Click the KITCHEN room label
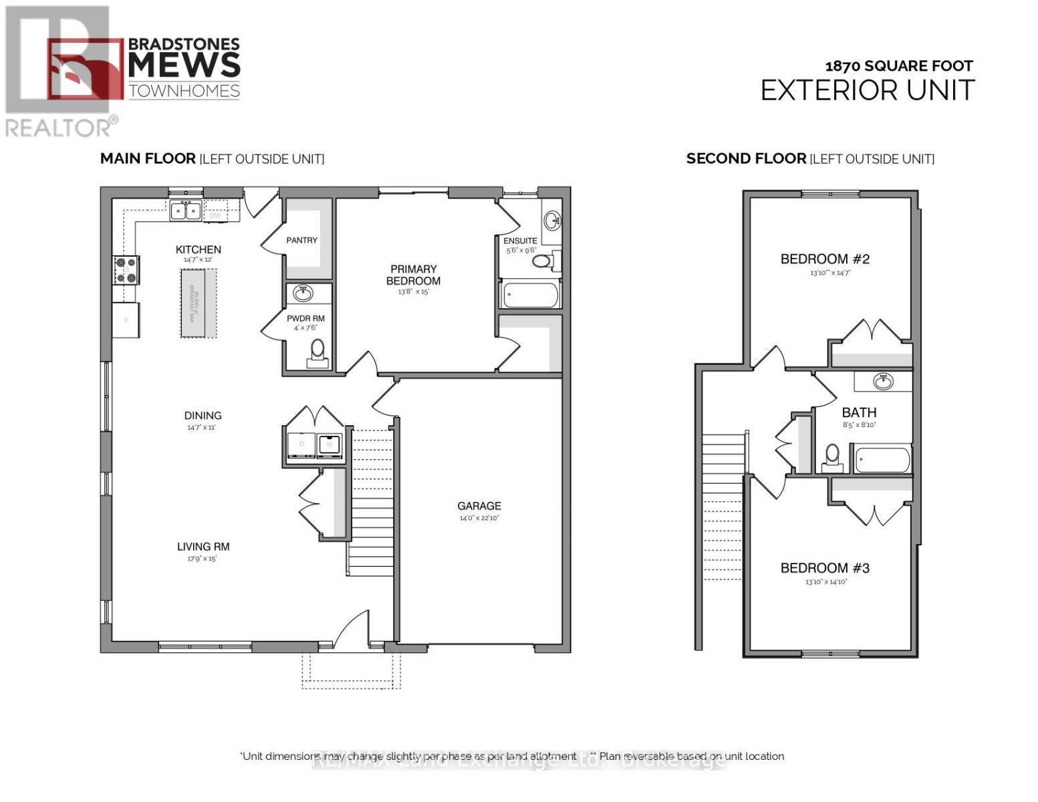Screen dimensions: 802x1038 coord(198,249)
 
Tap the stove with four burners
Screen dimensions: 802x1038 coord(126,270)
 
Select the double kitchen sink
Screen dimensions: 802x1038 coord(186,211)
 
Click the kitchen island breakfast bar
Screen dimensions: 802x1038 coord(199,303)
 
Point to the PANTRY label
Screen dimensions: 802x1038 coord(301,240)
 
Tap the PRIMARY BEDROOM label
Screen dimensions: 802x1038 coord(413,275)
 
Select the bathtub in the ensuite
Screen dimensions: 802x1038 coord(530,295)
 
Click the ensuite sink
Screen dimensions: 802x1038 coord(552,220)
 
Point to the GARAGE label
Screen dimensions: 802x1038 coord(479,506)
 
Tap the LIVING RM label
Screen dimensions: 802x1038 coord(203,547)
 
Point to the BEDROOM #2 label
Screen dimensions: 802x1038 coord(825,259)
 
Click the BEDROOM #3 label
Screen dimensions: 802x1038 coord(825,568)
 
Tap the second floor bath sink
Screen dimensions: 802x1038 coord(883,382)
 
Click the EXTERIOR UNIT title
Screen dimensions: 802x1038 coord(867,90)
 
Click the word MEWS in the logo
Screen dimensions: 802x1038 coord(184,65)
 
